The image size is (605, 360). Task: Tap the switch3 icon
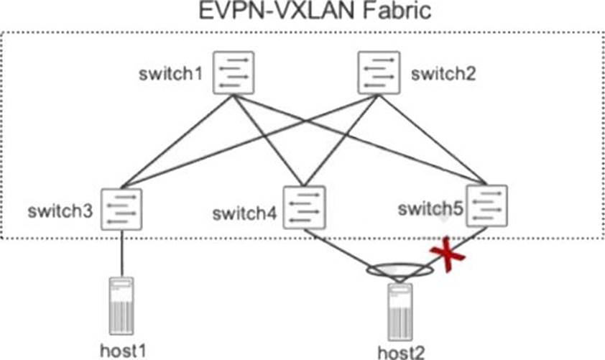(x=121, y=209)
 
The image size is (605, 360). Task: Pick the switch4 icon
(x=305, y=208)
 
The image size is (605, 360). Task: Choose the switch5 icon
(x=486, y=206)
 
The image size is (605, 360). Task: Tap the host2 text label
(x=401, y=352)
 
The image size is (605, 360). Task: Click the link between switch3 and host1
(x=121, y=253)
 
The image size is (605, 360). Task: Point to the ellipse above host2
(x=400, y=271)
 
